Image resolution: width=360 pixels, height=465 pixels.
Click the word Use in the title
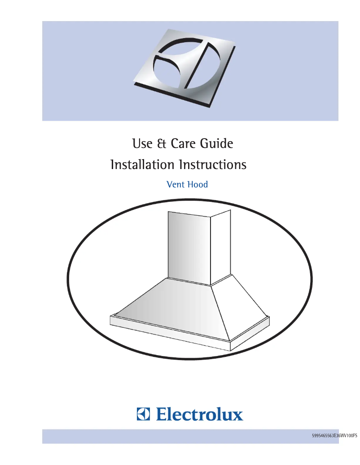click(141, 144)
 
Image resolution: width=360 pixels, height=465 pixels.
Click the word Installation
click(142, 165)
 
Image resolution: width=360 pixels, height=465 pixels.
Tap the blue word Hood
click(198, 184)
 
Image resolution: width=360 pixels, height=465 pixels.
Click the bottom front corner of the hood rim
click(230, 345)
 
